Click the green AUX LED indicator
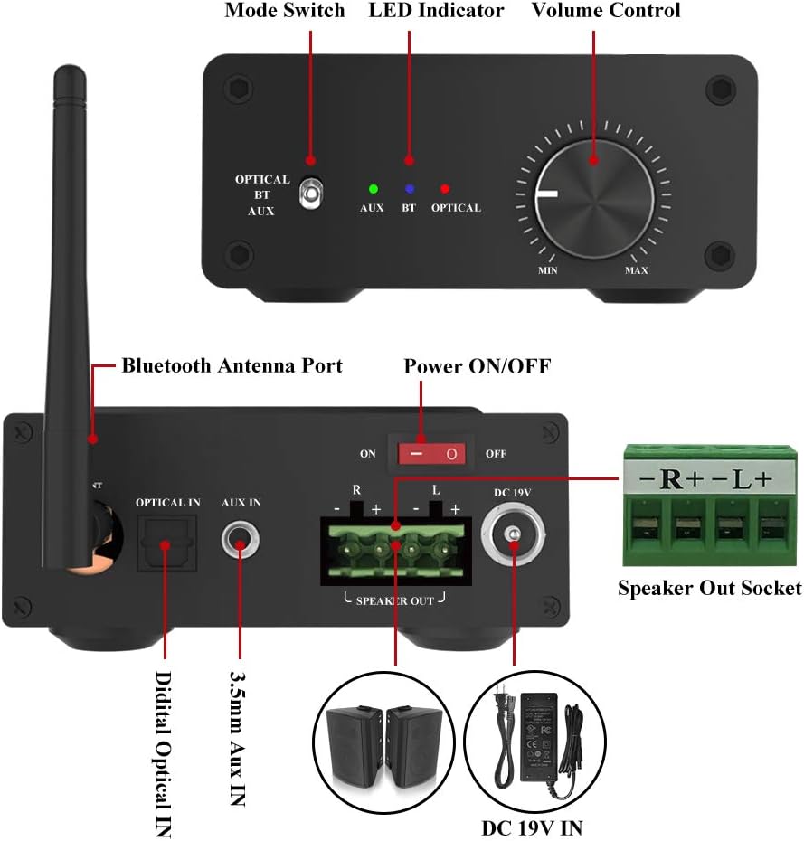373,189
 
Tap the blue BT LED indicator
409,189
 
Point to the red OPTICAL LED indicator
444,189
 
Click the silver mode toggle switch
310,193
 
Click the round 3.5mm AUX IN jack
240,544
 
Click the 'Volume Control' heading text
606,12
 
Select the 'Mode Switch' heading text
285,12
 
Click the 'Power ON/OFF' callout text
477,366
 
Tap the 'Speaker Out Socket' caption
709,589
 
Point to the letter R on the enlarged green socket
671,480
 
